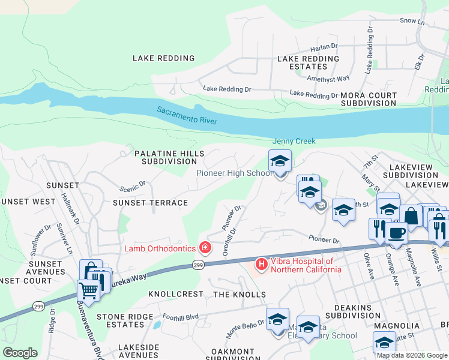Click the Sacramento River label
coord(187,116)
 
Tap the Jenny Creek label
coord(294,141)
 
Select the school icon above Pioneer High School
coord(280,161)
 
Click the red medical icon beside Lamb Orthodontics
coord(205,247)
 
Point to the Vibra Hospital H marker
coord(261,263)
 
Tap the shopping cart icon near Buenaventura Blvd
coord(88,292)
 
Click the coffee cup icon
coord(396,233)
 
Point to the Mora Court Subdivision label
coord(369,100)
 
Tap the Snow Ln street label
coord(412,20)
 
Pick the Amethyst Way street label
coord(328,79)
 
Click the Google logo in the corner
coord(20,353)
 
